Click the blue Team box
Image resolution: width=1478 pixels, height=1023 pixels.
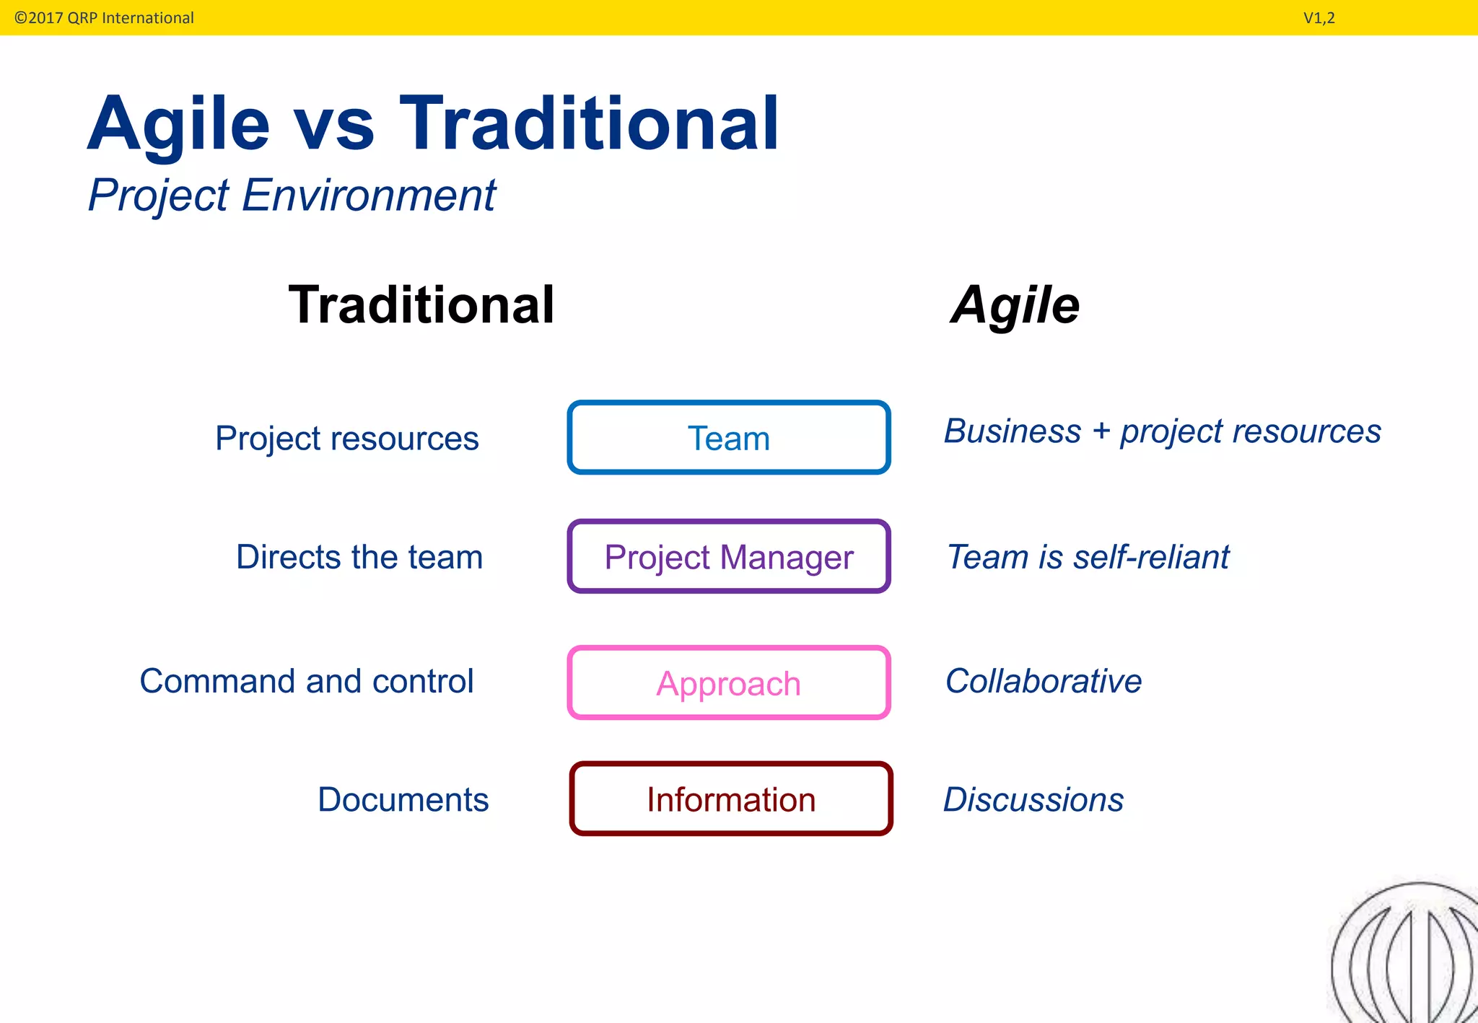(729, 437)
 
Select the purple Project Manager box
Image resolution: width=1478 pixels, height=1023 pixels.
(729, 556)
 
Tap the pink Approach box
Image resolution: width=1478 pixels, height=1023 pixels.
(729, 682)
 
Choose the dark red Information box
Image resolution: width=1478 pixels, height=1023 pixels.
(730, 799)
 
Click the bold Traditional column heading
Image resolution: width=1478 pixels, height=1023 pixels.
(421, 305)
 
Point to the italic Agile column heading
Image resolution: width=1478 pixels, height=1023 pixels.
(1015, 305)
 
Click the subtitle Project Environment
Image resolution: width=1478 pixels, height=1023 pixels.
(292, 195)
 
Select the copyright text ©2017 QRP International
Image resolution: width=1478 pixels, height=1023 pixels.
(104, 18)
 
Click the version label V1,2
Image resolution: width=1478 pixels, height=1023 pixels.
(1319, 18)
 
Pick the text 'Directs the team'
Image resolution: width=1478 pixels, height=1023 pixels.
(359, 557)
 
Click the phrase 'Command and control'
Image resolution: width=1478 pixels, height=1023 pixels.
(307, 681)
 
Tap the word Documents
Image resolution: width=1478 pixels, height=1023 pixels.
(403, 799)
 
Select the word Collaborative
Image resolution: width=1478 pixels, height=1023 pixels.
(1044, 681)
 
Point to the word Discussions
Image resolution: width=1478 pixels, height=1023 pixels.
(1033, 799)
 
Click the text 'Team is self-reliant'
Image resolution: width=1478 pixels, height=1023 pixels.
(1088, 557)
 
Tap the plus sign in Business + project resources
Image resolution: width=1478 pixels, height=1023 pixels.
(1101, 431)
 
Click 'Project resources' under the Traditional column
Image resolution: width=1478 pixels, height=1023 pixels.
(346, 439)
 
